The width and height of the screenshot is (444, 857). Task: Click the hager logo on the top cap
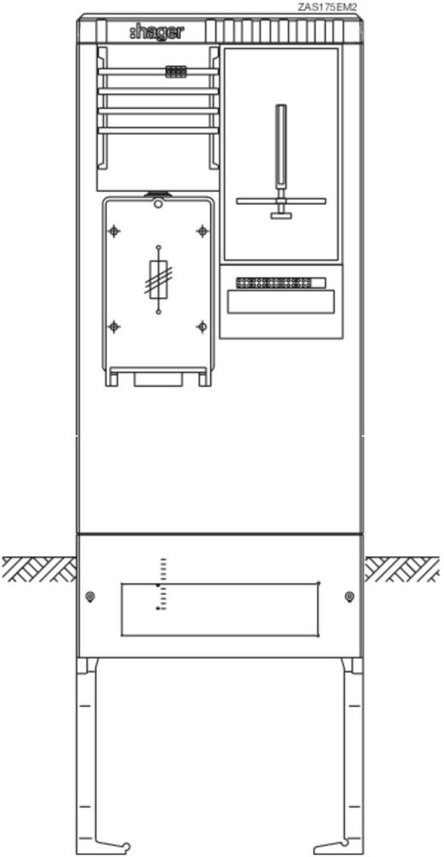point(157,33)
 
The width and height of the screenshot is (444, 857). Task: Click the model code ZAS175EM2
point(327,7)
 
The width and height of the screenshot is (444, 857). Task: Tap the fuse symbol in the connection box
point(159,279)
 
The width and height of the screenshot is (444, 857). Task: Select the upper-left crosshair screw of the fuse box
point(114,231)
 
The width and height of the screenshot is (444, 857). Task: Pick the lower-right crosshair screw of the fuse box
point(201,327)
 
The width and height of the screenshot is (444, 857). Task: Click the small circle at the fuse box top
point(158,205)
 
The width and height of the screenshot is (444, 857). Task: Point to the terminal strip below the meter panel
point(280,283)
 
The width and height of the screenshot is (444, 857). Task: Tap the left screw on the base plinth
point(90,596)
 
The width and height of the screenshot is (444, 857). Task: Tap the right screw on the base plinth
point(350,596)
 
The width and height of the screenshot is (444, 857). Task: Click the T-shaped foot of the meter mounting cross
point(281,215)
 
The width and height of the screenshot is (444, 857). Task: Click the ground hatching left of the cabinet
point(39,569)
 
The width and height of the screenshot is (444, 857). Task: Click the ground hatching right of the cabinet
point(402,569)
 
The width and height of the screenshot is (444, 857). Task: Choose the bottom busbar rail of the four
point(158,130)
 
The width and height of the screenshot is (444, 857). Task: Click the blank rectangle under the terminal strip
point(280,303)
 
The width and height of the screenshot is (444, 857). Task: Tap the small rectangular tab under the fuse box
point(158,379)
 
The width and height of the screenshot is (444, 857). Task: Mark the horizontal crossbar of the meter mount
point(281,201)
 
